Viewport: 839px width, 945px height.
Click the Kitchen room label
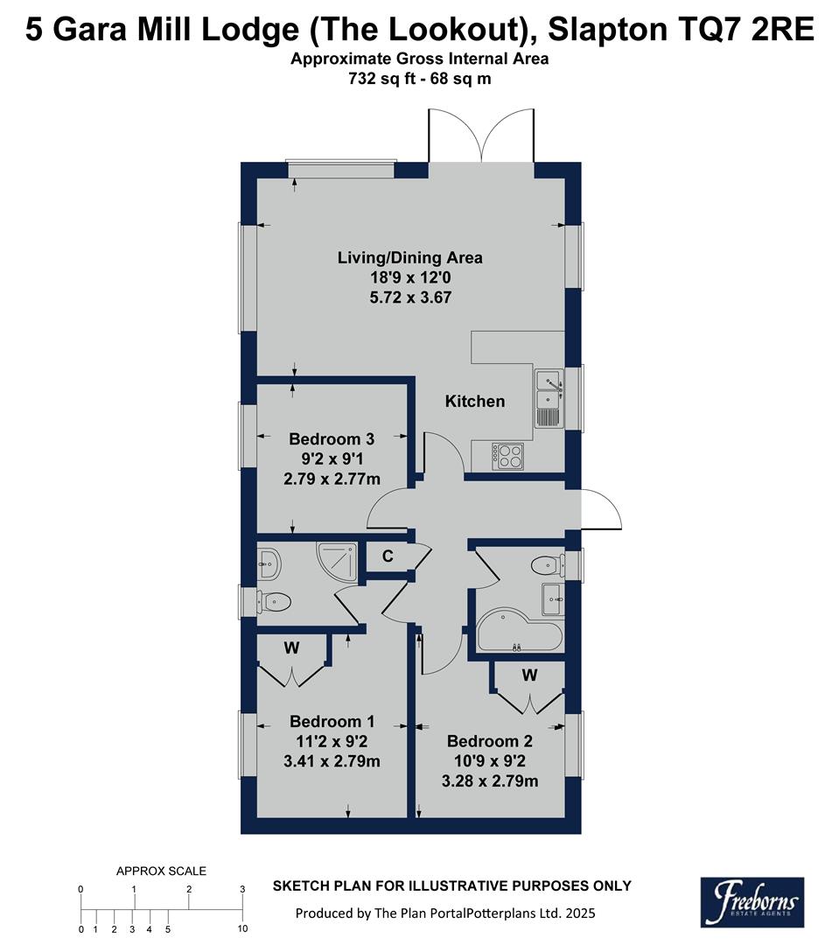pyautogui.click(x=475, y=402)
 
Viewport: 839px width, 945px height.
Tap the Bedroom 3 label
pyautogui.click(x=332, y=439)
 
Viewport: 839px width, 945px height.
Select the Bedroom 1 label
pyautogui.click(x=332, y=722)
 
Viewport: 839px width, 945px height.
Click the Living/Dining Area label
pyautogui.click(x=410, y=258)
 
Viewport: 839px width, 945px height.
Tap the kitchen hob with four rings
pyautogui.click(x=508, y=453)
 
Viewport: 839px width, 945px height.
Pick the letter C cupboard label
pyautogui.click(x=386, y=556)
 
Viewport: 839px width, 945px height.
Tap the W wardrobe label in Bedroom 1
pyautogui.click(x=291, y=649)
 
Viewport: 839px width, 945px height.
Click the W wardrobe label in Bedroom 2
pyautogui.click(x=529, y=675)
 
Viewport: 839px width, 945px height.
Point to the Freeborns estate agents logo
pyautogui.click(x=752, y=901)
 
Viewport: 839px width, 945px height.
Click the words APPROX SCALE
pyautogui.click(x=162, y=871)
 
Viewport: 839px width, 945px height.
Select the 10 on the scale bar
pyautogui.click(x=242, y=928)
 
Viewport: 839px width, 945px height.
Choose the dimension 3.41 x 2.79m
pyautogui.click(x=332, y=761)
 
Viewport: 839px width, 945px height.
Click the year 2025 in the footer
pyautogui.click(x=579, y=913)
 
